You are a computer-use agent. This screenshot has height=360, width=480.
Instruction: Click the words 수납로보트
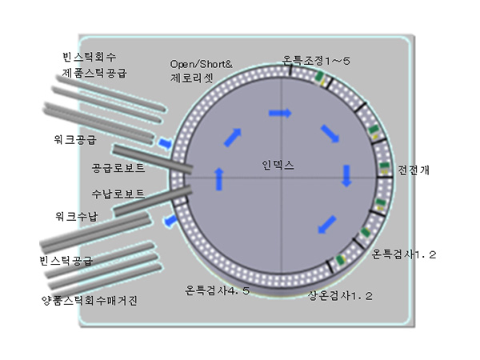118,194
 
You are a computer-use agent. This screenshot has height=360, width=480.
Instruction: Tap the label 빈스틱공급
66,260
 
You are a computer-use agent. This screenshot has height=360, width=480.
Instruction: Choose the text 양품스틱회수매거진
90,300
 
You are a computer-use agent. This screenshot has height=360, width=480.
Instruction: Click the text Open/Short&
201,62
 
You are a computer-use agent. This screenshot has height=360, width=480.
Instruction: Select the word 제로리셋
192,78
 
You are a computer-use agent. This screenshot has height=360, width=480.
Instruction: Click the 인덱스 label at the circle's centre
278,165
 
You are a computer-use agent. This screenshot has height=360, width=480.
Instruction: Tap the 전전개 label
414,170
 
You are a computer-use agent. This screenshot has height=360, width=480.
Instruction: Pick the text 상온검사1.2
341,295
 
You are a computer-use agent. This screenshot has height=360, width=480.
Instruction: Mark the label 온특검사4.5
218,290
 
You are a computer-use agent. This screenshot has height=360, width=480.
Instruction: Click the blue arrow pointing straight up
219,178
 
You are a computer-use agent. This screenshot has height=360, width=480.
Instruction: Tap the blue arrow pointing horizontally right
280,114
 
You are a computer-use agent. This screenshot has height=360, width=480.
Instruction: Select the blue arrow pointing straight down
347,175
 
